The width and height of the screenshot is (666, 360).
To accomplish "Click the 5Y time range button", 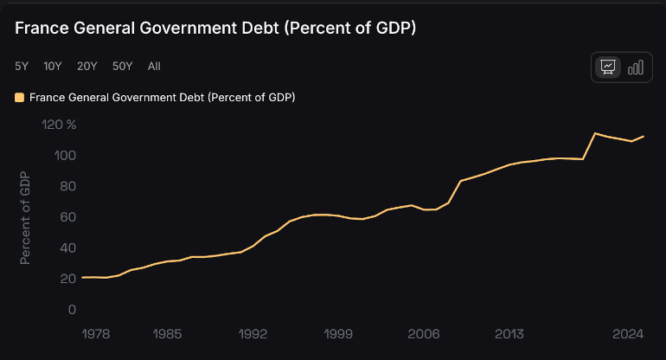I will point(22,66).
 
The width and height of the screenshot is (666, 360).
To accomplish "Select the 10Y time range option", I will point(53,66).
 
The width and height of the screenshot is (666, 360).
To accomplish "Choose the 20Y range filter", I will point(86,66).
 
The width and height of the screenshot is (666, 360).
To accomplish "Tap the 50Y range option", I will point(122,66).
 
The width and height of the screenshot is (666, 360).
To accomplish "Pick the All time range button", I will point(154,66).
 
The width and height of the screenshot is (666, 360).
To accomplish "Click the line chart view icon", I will point(608,67).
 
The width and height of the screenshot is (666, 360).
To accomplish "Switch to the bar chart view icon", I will point(636,67).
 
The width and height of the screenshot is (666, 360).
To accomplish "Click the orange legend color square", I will point(20,98).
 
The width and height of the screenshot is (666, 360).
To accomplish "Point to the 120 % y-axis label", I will point(60,125).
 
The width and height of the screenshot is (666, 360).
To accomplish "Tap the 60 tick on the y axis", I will point(69,217).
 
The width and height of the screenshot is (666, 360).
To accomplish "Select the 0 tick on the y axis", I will point(73,310).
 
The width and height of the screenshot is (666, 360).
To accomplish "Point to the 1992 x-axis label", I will point(253,333).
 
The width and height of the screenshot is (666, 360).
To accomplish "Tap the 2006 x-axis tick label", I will point(424,333).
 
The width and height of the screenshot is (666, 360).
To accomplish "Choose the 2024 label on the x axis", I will point(628,333).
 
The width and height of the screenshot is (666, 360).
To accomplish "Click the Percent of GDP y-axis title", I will point(25,217).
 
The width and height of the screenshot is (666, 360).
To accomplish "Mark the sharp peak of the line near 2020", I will point(595,133).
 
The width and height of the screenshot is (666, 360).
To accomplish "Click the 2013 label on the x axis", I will point(509,333).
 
